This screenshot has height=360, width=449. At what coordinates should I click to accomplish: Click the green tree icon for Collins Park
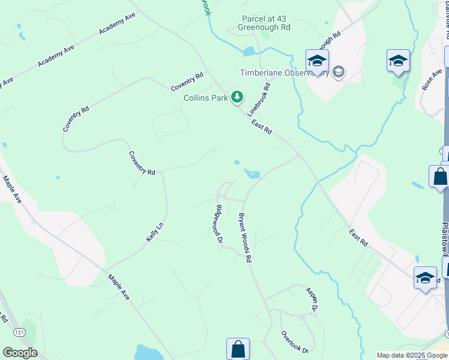pos(238,97)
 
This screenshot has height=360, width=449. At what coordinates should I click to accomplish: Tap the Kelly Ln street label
pos(154,232)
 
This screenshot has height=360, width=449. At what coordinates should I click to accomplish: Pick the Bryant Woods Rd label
pos(244,238)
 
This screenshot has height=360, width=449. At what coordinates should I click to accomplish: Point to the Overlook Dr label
pos(294,342)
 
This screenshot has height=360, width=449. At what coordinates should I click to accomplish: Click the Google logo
pos(20,352)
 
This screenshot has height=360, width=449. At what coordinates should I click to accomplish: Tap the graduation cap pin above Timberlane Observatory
pos(317,61)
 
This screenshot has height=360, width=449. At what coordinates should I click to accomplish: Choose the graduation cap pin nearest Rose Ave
pos(398,61)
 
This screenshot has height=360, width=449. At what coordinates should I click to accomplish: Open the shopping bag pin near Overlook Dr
pos(238,348)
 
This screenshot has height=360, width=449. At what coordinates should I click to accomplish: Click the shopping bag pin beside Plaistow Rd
pos(440,177)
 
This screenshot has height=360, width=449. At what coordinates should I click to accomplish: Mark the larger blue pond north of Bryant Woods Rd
pos(253,175)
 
